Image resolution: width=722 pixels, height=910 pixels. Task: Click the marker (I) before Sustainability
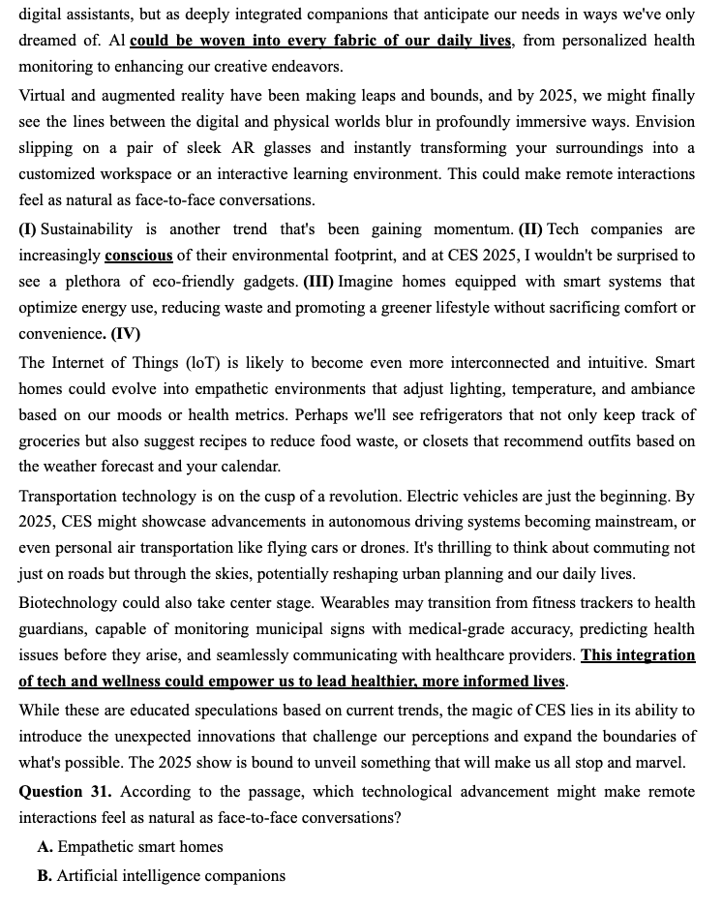(27, 229)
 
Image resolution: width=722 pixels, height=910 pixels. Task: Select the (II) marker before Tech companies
(530, 229)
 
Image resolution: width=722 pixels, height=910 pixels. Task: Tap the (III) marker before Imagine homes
(319, 282)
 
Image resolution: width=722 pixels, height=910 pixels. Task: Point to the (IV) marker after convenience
(125, 334)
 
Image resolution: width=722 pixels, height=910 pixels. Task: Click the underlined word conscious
(138, 256)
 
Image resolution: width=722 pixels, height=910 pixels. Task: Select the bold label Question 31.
(65, 792)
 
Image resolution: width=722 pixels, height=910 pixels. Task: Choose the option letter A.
(45, 847)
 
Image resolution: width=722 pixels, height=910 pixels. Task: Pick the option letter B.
(45, 876)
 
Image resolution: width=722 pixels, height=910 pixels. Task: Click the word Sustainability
(87, 229)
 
